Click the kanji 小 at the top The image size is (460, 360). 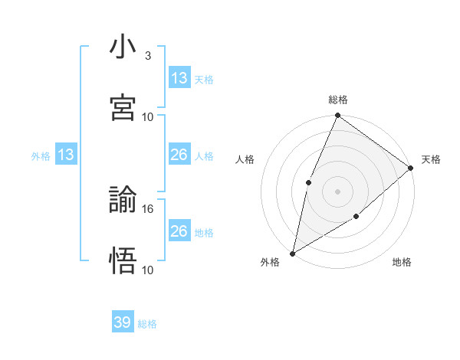coord(123,47)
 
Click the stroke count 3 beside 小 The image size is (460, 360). coord(147,56)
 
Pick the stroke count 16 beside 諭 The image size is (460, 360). coord(148,208)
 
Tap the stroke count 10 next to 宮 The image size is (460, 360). coord(148,116)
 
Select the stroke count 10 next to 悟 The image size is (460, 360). coord(148,270)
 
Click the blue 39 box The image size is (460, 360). coord(123,322)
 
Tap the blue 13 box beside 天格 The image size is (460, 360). coord(179,78)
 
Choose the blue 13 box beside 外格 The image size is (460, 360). coord(66,155)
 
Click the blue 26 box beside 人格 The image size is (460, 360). coord(179,155)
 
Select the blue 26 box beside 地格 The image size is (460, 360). coord(179,231)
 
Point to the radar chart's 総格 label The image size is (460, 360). coord(337,100)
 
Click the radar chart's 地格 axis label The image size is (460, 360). coord(402,263)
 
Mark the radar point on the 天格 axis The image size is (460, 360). coord(410,168)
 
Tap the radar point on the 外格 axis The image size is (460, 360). coord(292,253)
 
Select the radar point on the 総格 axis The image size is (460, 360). coord(337,116)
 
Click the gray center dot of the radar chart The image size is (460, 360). coord(337,191)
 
